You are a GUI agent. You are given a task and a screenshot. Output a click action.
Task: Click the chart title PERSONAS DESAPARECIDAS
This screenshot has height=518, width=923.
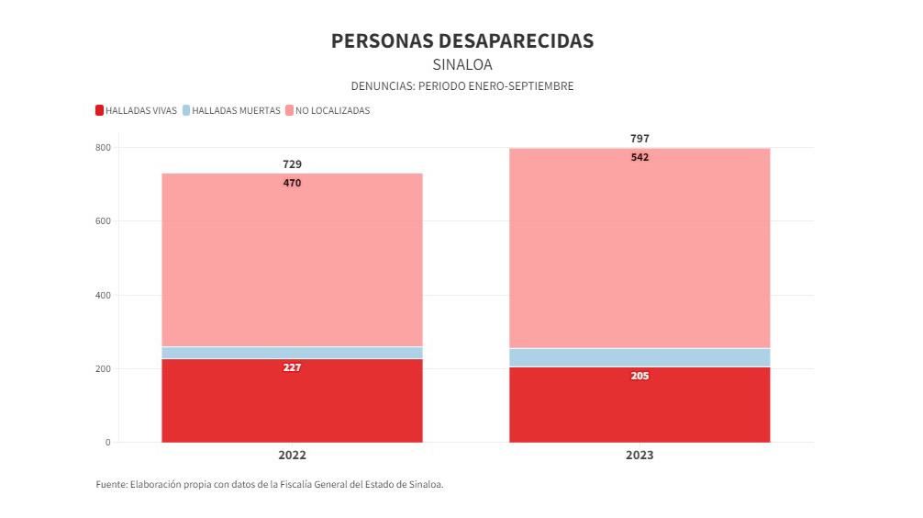point(461,41)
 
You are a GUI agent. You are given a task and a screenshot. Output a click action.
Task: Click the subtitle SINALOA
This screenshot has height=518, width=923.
point(461,64)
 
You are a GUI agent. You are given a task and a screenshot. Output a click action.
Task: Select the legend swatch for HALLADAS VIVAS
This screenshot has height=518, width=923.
point(99,111)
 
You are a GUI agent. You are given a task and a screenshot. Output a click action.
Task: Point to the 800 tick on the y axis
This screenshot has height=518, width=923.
point(103,148)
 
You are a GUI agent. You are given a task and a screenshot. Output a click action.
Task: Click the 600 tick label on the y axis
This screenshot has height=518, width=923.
point(103,221)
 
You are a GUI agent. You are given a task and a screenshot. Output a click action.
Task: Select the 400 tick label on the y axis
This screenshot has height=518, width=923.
point(103,296)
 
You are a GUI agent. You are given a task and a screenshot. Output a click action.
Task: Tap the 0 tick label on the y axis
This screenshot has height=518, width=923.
point(107,443)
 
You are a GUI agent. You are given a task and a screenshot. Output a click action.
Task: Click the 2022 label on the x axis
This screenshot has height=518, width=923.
point(292,456)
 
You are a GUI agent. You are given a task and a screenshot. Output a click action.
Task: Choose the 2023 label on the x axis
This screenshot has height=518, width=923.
point(639,456)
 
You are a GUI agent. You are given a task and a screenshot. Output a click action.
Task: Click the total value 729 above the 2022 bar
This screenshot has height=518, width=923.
point(292,164)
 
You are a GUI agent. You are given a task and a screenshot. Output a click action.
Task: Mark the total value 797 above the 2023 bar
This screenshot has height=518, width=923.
point(639,139)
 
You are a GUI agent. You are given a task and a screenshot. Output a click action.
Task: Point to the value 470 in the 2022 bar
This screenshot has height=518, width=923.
point(292,183)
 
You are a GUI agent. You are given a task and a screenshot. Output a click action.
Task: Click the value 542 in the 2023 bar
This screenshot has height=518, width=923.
point(639,157)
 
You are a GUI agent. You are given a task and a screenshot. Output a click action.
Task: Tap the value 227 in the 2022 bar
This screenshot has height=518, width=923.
point(292,367)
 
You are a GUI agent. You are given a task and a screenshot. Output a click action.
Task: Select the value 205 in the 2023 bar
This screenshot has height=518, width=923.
point(639,376)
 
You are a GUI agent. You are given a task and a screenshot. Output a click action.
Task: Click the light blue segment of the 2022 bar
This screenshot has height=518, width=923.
point(292,353)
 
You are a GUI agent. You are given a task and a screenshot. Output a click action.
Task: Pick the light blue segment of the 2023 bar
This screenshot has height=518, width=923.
point(639,357)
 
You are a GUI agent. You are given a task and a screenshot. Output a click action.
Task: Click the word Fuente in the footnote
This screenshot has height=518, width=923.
point(111,484)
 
